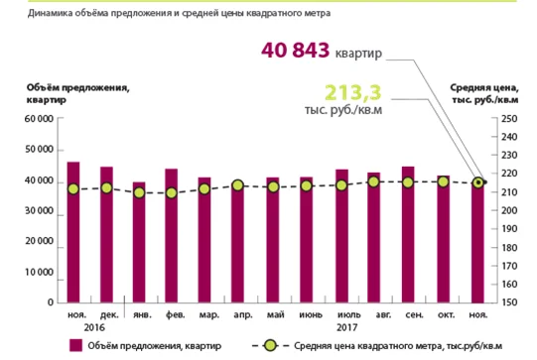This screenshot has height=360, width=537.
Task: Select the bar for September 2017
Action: pos(408,235)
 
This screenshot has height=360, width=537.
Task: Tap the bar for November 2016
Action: pos(73,232)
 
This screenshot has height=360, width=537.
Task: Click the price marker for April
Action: pos(237,185)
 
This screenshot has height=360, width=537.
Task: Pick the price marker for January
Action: pos(139,193)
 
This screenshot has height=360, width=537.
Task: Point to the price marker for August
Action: pos(374,181)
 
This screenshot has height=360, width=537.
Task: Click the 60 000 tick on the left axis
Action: pos(39,119)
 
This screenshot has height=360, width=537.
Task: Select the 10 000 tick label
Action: pos(39,273)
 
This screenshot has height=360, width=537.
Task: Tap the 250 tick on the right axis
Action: pos(509,119)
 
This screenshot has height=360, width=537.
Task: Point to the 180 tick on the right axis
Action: pos(509,247)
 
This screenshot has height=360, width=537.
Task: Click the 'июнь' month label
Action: pos(311,314)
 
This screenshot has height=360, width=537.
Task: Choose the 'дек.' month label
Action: pos(109,314)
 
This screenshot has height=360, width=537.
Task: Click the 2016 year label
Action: pos(94,328)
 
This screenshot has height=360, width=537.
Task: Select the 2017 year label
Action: pos(347,328)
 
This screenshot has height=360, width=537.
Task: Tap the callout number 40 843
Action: pos(295,51)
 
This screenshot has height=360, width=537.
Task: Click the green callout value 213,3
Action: pos(352,92)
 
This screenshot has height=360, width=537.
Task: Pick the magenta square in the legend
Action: pos(75,346)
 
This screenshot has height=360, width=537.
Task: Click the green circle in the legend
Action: pos(270,346)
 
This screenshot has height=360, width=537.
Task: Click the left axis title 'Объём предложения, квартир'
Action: pos(77,94)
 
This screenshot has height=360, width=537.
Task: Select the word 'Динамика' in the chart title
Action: pos(46,13)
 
